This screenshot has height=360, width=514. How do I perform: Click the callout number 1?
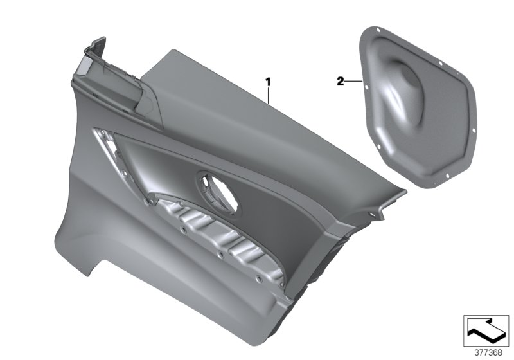269,82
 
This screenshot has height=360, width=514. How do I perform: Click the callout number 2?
339,81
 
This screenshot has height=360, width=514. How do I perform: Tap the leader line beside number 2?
354,81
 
